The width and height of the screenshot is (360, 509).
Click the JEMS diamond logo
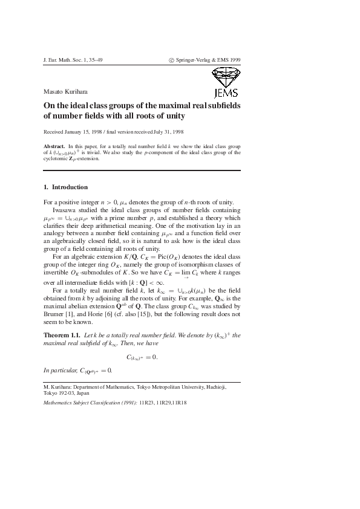226,82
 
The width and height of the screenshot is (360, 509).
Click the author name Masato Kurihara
66,91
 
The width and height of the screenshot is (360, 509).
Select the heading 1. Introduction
66,187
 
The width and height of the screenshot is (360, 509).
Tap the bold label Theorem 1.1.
62,334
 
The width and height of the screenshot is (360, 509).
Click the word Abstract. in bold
54,147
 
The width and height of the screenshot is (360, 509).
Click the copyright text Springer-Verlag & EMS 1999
208,60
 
